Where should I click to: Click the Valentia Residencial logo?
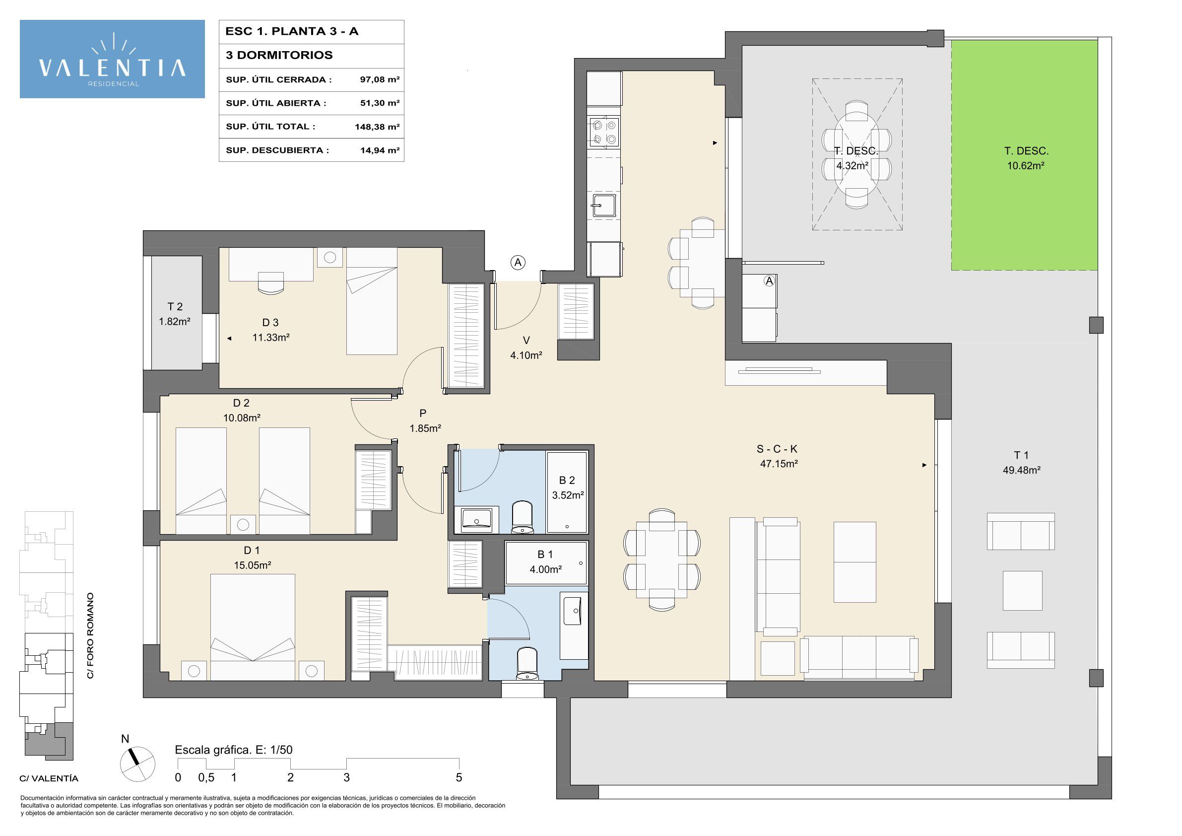pos(112,59)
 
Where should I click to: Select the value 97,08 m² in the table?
pos(380,79)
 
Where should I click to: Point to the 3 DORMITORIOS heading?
pos(279,55)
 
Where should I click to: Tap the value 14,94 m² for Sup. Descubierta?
pos(380,150)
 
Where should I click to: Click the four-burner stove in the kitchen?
pos(604,132)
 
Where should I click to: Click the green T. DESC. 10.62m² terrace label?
pos(1026,158)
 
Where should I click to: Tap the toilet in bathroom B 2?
pos(523,517)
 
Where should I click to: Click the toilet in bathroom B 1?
pos(526,664)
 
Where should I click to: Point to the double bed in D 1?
pos(252,627)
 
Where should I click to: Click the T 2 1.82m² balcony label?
pos(175,314)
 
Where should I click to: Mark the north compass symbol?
pos(137,763)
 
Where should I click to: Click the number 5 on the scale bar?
pos(459,777)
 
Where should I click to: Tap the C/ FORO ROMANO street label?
pos(90,635)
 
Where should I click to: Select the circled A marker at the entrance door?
pos(518,262)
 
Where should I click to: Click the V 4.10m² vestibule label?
pos(525,348)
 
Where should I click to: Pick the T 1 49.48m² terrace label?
pos(1021,462)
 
